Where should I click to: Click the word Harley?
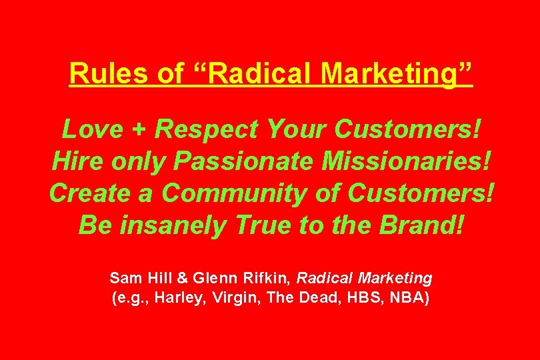175,298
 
